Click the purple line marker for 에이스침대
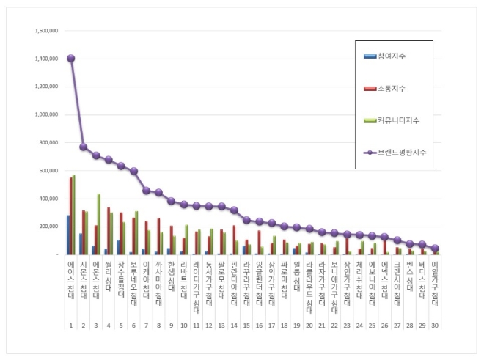pyautogui.click(x=70, y=59)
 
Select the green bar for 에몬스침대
pyautogui.click(x=98, y=224)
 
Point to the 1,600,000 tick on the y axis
pyautogui.click(x=46, y=32)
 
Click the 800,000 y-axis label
pyautogui.click(x=48, y=143)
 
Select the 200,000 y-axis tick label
pyautogui.click(x=48, y=227)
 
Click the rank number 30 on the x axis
pyautogui.click(x=435, y=325)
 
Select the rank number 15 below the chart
pyautogui.click(x=246, y=325)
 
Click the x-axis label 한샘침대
pyautogui.click(x=171, y=273)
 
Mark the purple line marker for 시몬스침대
pyautogui.click(x=83, y=147)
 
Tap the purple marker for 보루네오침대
pyautogui.click(x=133, y=171)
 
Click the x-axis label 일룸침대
pyautogui.click(x=297, y=273)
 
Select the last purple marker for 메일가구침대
pyautogui.click(x=435, y=248)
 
